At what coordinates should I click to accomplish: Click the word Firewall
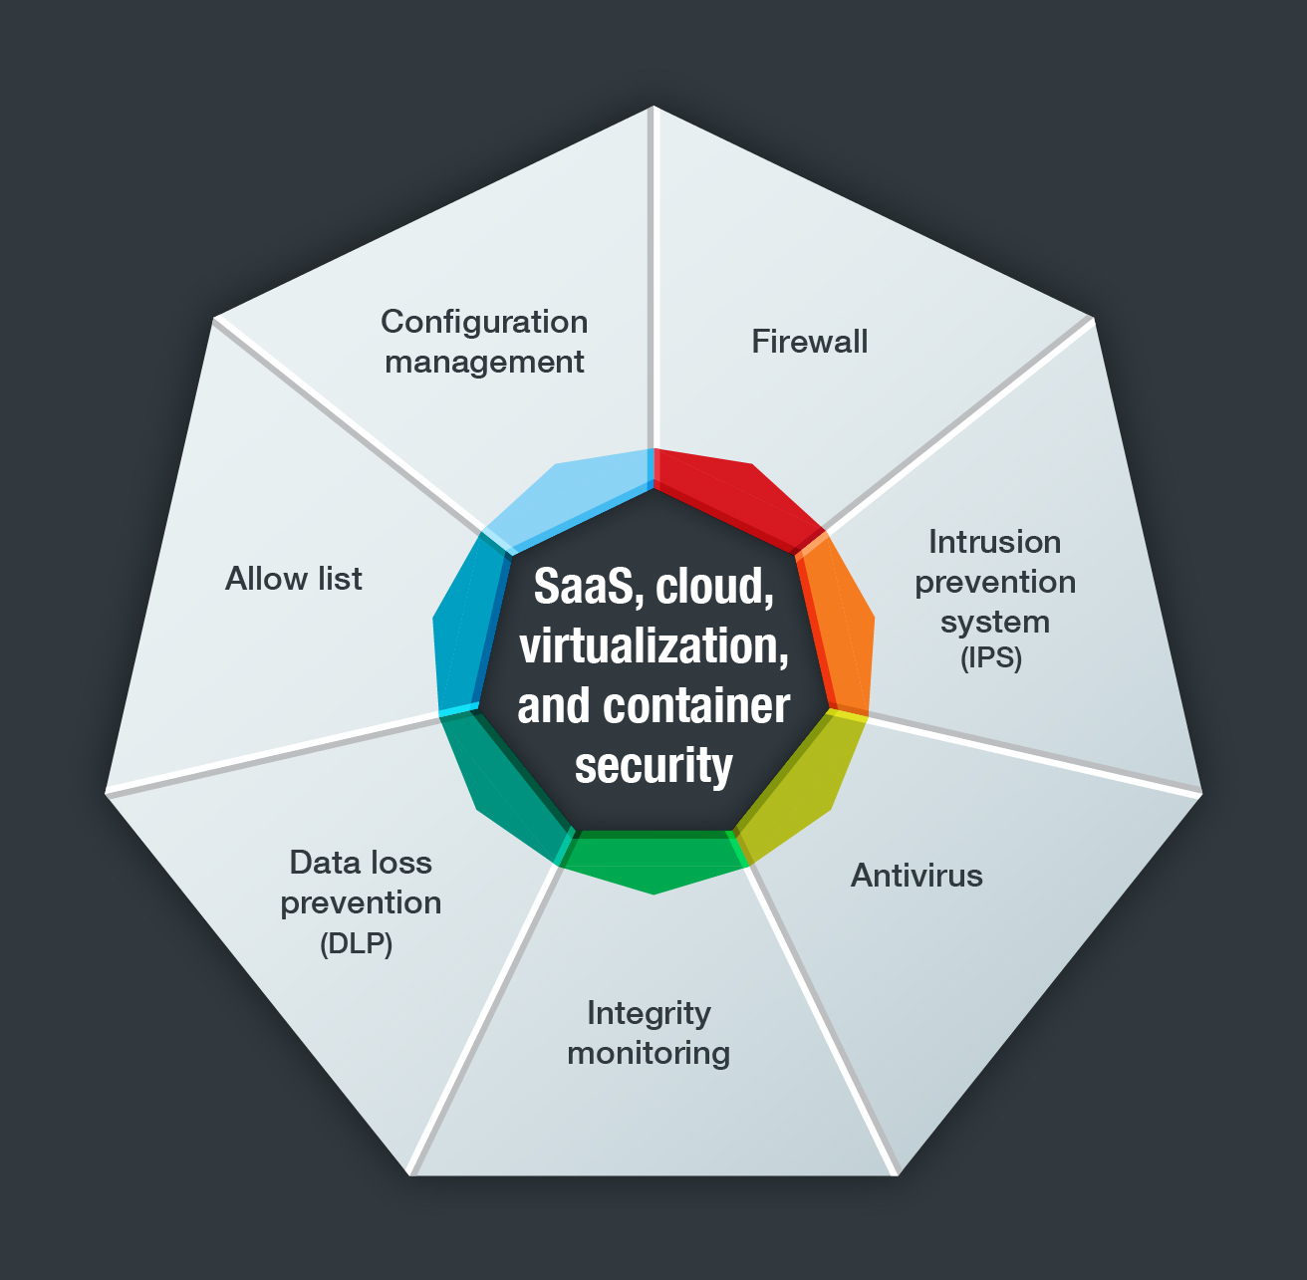(809, 342)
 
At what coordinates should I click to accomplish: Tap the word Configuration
(484, 322)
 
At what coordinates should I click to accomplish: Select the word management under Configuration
(484, 362)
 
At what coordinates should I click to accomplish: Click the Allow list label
(294, 579)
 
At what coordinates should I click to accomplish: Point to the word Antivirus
(916, 876)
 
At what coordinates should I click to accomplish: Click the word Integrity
(649, 1013)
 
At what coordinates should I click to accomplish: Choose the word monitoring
(649, 1053)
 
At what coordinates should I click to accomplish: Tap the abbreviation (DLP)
(357, 943)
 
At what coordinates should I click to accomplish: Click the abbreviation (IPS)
(991, 658)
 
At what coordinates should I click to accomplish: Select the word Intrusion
(994, 542)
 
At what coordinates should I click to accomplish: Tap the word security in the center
(653, 766)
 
